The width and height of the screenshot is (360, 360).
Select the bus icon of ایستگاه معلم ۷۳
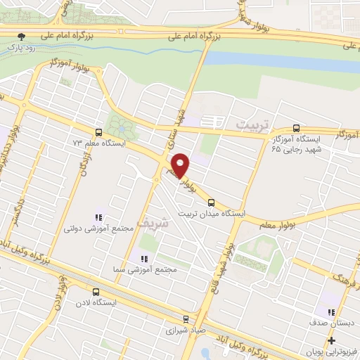(x=98, y=131)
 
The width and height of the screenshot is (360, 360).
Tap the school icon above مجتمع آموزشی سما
(x=145, y=259)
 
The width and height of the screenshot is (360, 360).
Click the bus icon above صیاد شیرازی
(x=186, y=318)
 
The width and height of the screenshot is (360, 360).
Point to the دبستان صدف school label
(x=330, y=323)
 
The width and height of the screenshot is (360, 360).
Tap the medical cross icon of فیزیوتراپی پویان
(x=331, y=340)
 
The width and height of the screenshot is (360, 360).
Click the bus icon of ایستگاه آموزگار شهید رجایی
(x=296, y=129)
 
